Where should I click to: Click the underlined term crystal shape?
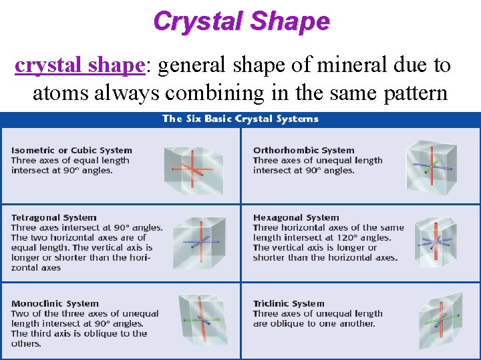tap(79, 65)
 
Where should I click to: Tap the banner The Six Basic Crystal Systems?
tap(240, 119)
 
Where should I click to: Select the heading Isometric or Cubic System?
tap(71, 150)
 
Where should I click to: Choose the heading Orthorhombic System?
tap(303, 150)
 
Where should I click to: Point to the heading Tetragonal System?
tap(53, 217)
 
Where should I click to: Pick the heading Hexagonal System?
tap(296, 217)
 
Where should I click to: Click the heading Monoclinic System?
tap(55, 303)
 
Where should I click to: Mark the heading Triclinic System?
tap(289, 303)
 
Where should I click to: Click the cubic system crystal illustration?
tap(192, 167)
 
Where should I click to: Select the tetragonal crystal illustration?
tap(194, 242)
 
